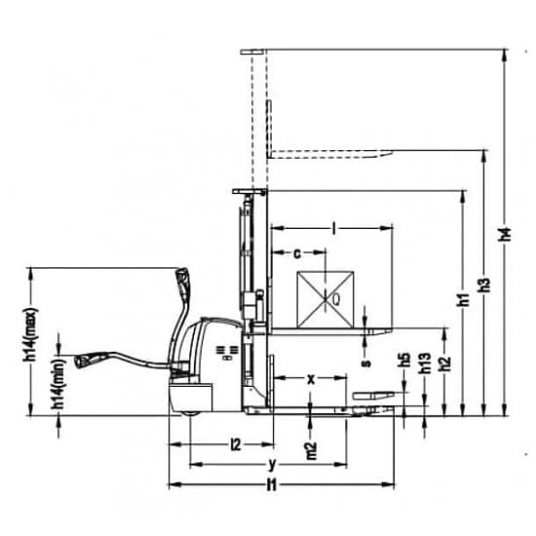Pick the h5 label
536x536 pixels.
(x=405, y=360)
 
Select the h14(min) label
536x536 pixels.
(x=58, y=384)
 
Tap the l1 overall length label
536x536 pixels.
(x=272, y=484)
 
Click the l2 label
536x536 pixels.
(x=236, y=444)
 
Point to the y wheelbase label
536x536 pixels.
(x=272, y=464)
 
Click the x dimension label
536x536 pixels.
(x=311, y=379)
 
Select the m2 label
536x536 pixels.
(x=312, y=451)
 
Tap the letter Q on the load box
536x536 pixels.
(x=336, y=300)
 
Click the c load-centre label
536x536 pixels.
(x=298, y=253)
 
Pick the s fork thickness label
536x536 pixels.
(x=365, y=363)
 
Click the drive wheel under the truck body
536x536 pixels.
(x=190, y=413)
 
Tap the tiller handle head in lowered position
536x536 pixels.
(x=84, y=361)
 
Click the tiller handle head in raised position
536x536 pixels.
(x=182, y=276)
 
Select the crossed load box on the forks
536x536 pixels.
(x=325, y=299)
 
